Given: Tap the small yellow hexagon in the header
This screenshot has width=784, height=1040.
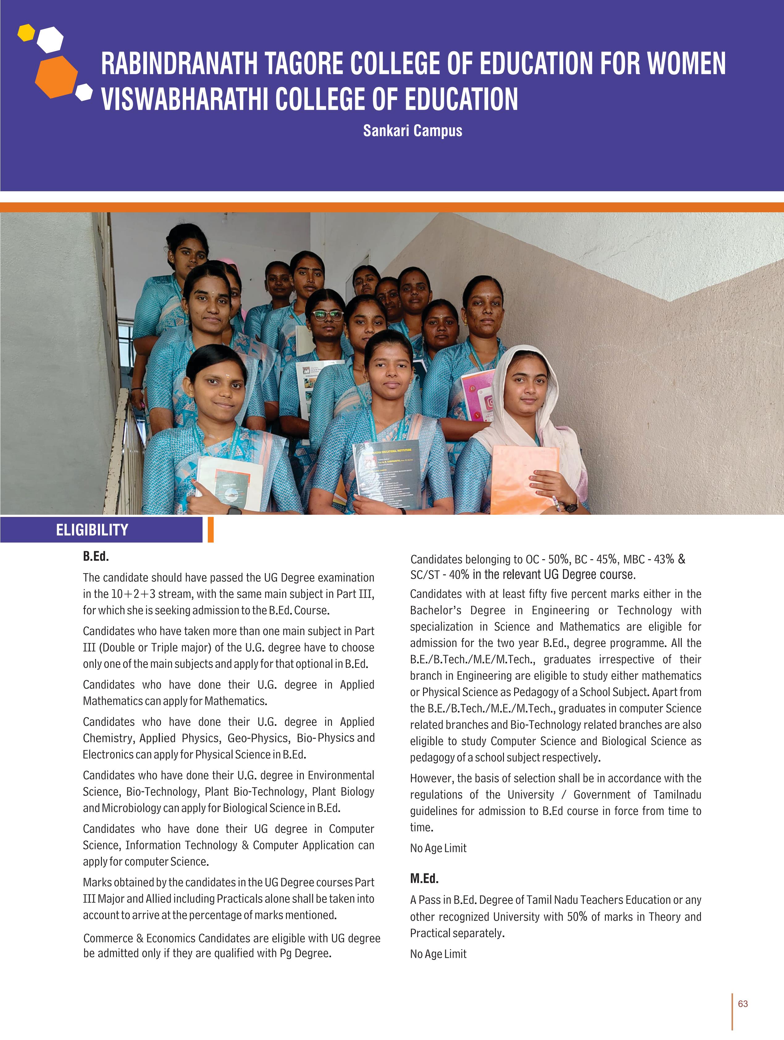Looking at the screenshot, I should [26, 32].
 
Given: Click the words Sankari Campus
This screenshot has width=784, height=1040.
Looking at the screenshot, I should [413, 131].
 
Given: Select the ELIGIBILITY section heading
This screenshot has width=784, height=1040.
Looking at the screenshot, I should [92, 530].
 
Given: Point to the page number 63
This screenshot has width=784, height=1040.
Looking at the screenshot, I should [743, 1004].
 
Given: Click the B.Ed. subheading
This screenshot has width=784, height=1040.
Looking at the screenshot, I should [96, 557].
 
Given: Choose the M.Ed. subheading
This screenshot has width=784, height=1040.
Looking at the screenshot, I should [424, 878].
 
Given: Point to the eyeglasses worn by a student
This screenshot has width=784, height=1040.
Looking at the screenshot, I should [327, 315].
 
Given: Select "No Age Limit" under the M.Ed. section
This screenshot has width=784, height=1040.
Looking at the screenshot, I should [438, 954].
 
